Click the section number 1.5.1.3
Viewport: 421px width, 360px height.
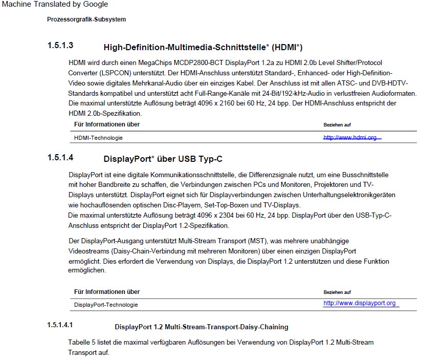pyautogui.click(x=60, y=46)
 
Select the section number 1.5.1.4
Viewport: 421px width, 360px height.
pyautogui.click(x=60, y=158)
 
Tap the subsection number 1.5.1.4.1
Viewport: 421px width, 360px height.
pyautogui.click(x=60, y=325)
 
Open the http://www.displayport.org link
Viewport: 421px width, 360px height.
pyautogui.click(x=360, y=304)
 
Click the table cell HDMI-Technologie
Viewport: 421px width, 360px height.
pyautogui.click(x=98, y=138)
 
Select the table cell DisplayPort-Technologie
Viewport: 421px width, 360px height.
pyautogui.click(x=106, y=305)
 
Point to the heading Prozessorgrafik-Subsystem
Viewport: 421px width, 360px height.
pyautogui.click(x=86, y=20)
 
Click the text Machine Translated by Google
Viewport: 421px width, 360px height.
pyautogui.click(x=54, y=5)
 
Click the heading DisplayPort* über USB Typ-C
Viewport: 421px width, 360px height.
pyautogui.click(x=163, y=159)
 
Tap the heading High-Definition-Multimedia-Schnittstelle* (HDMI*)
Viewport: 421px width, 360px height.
pyautogui.click(x=203, y=48)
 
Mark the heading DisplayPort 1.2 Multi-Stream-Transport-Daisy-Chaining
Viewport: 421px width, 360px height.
pyautogui.click(x=202, y=327)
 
